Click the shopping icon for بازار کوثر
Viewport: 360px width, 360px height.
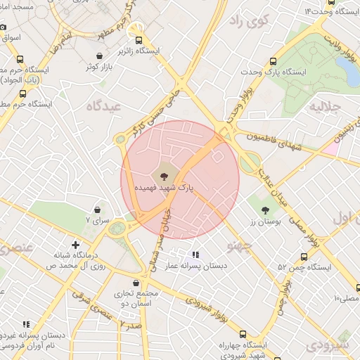tap(101, 55)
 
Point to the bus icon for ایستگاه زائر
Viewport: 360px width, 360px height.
tap(139, 40)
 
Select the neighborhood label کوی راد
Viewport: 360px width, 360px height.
tap(250, 21)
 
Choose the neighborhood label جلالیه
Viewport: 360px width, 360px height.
tap(325, 107)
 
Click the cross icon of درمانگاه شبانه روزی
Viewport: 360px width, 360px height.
tap(76, 245)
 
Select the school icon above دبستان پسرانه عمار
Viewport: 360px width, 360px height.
tap(195, 255)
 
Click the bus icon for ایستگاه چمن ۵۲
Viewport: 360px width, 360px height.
tap(304, 257)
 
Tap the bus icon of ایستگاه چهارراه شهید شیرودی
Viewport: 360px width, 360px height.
tap(243, 334)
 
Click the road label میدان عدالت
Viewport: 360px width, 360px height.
tap(272, 187)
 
